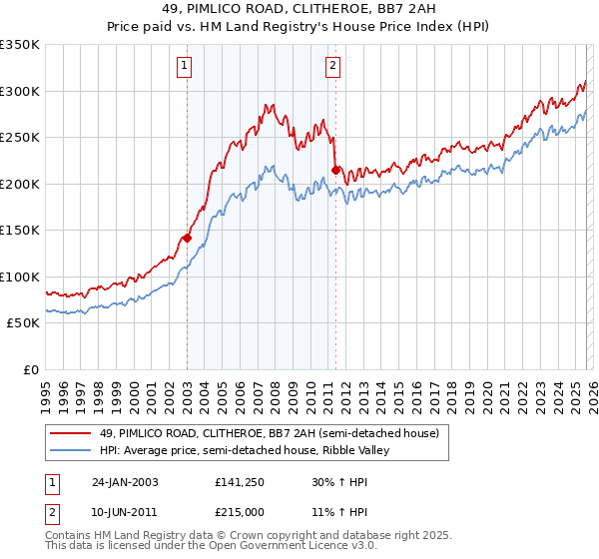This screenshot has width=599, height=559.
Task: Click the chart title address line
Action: click(299, 9)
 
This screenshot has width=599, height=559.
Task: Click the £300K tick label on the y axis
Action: click(19, 91)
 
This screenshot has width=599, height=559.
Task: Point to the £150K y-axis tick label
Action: click(19, 231)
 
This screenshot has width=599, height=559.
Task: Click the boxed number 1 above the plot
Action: click(186, 67)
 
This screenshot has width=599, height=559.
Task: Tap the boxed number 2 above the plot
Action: click(331, 67)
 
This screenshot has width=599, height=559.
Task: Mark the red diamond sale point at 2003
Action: click(187, 239)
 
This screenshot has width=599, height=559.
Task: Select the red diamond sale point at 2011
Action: click(335, 170)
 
